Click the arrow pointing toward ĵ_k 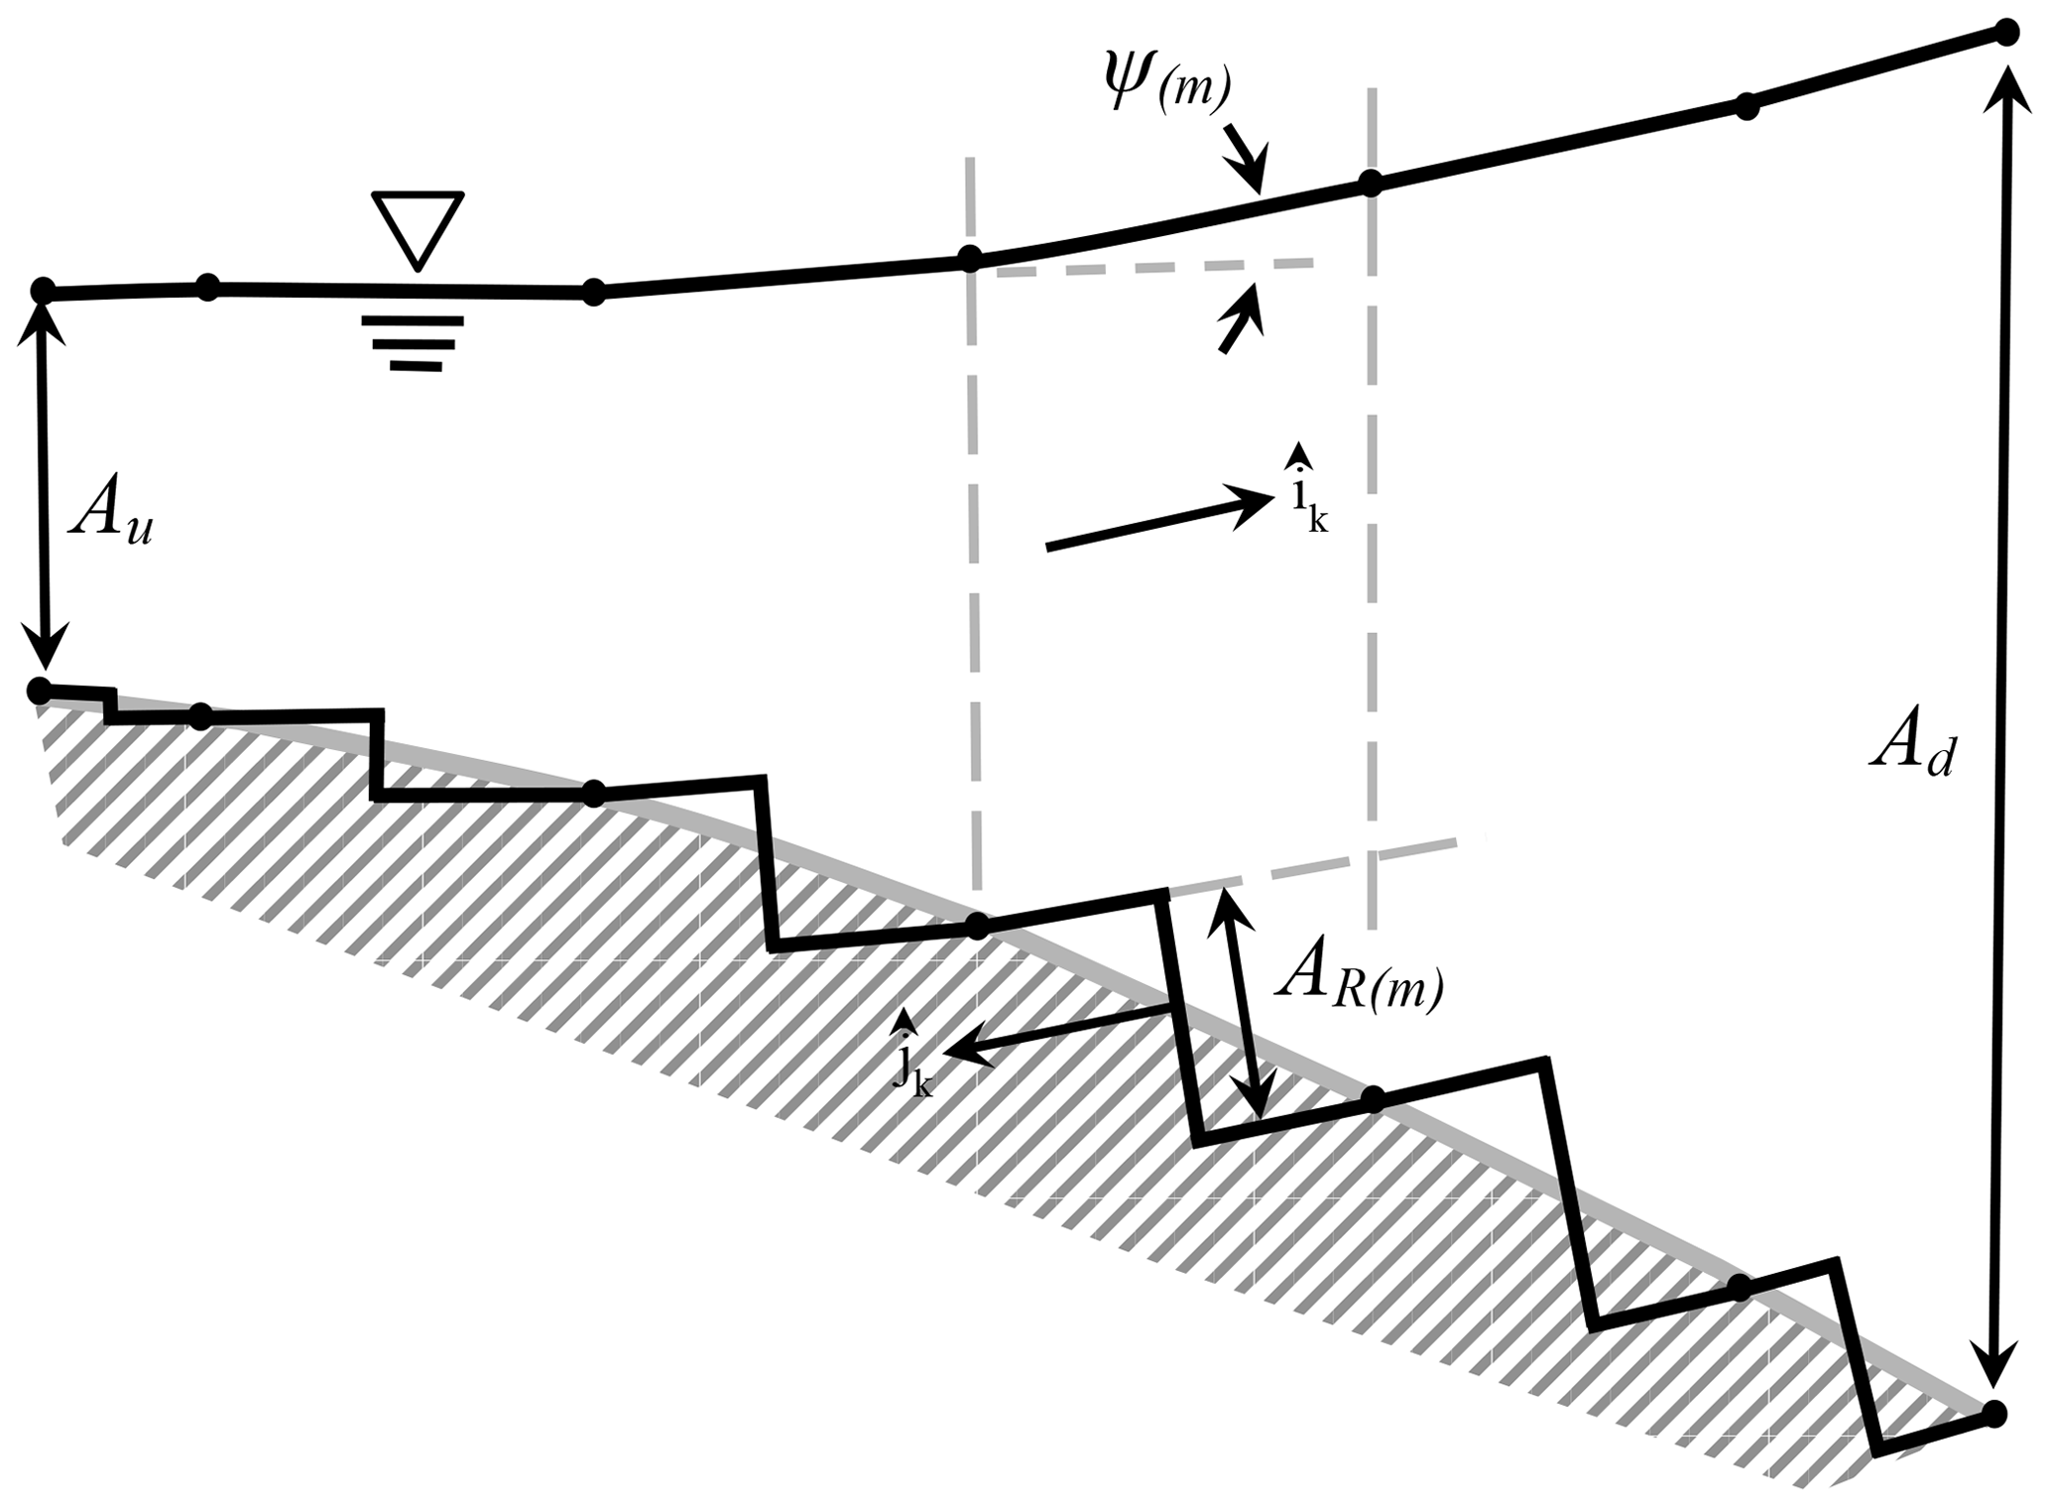[1057, 1033]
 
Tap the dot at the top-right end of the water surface [2006, 33]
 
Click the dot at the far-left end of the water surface [43, 291]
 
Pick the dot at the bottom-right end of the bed [1992, 1412]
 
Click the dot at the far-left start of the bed [39, 689]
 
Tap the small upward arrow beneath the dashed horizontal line [1241, 316]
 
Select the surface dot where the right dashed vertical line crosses [1370, 183]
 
